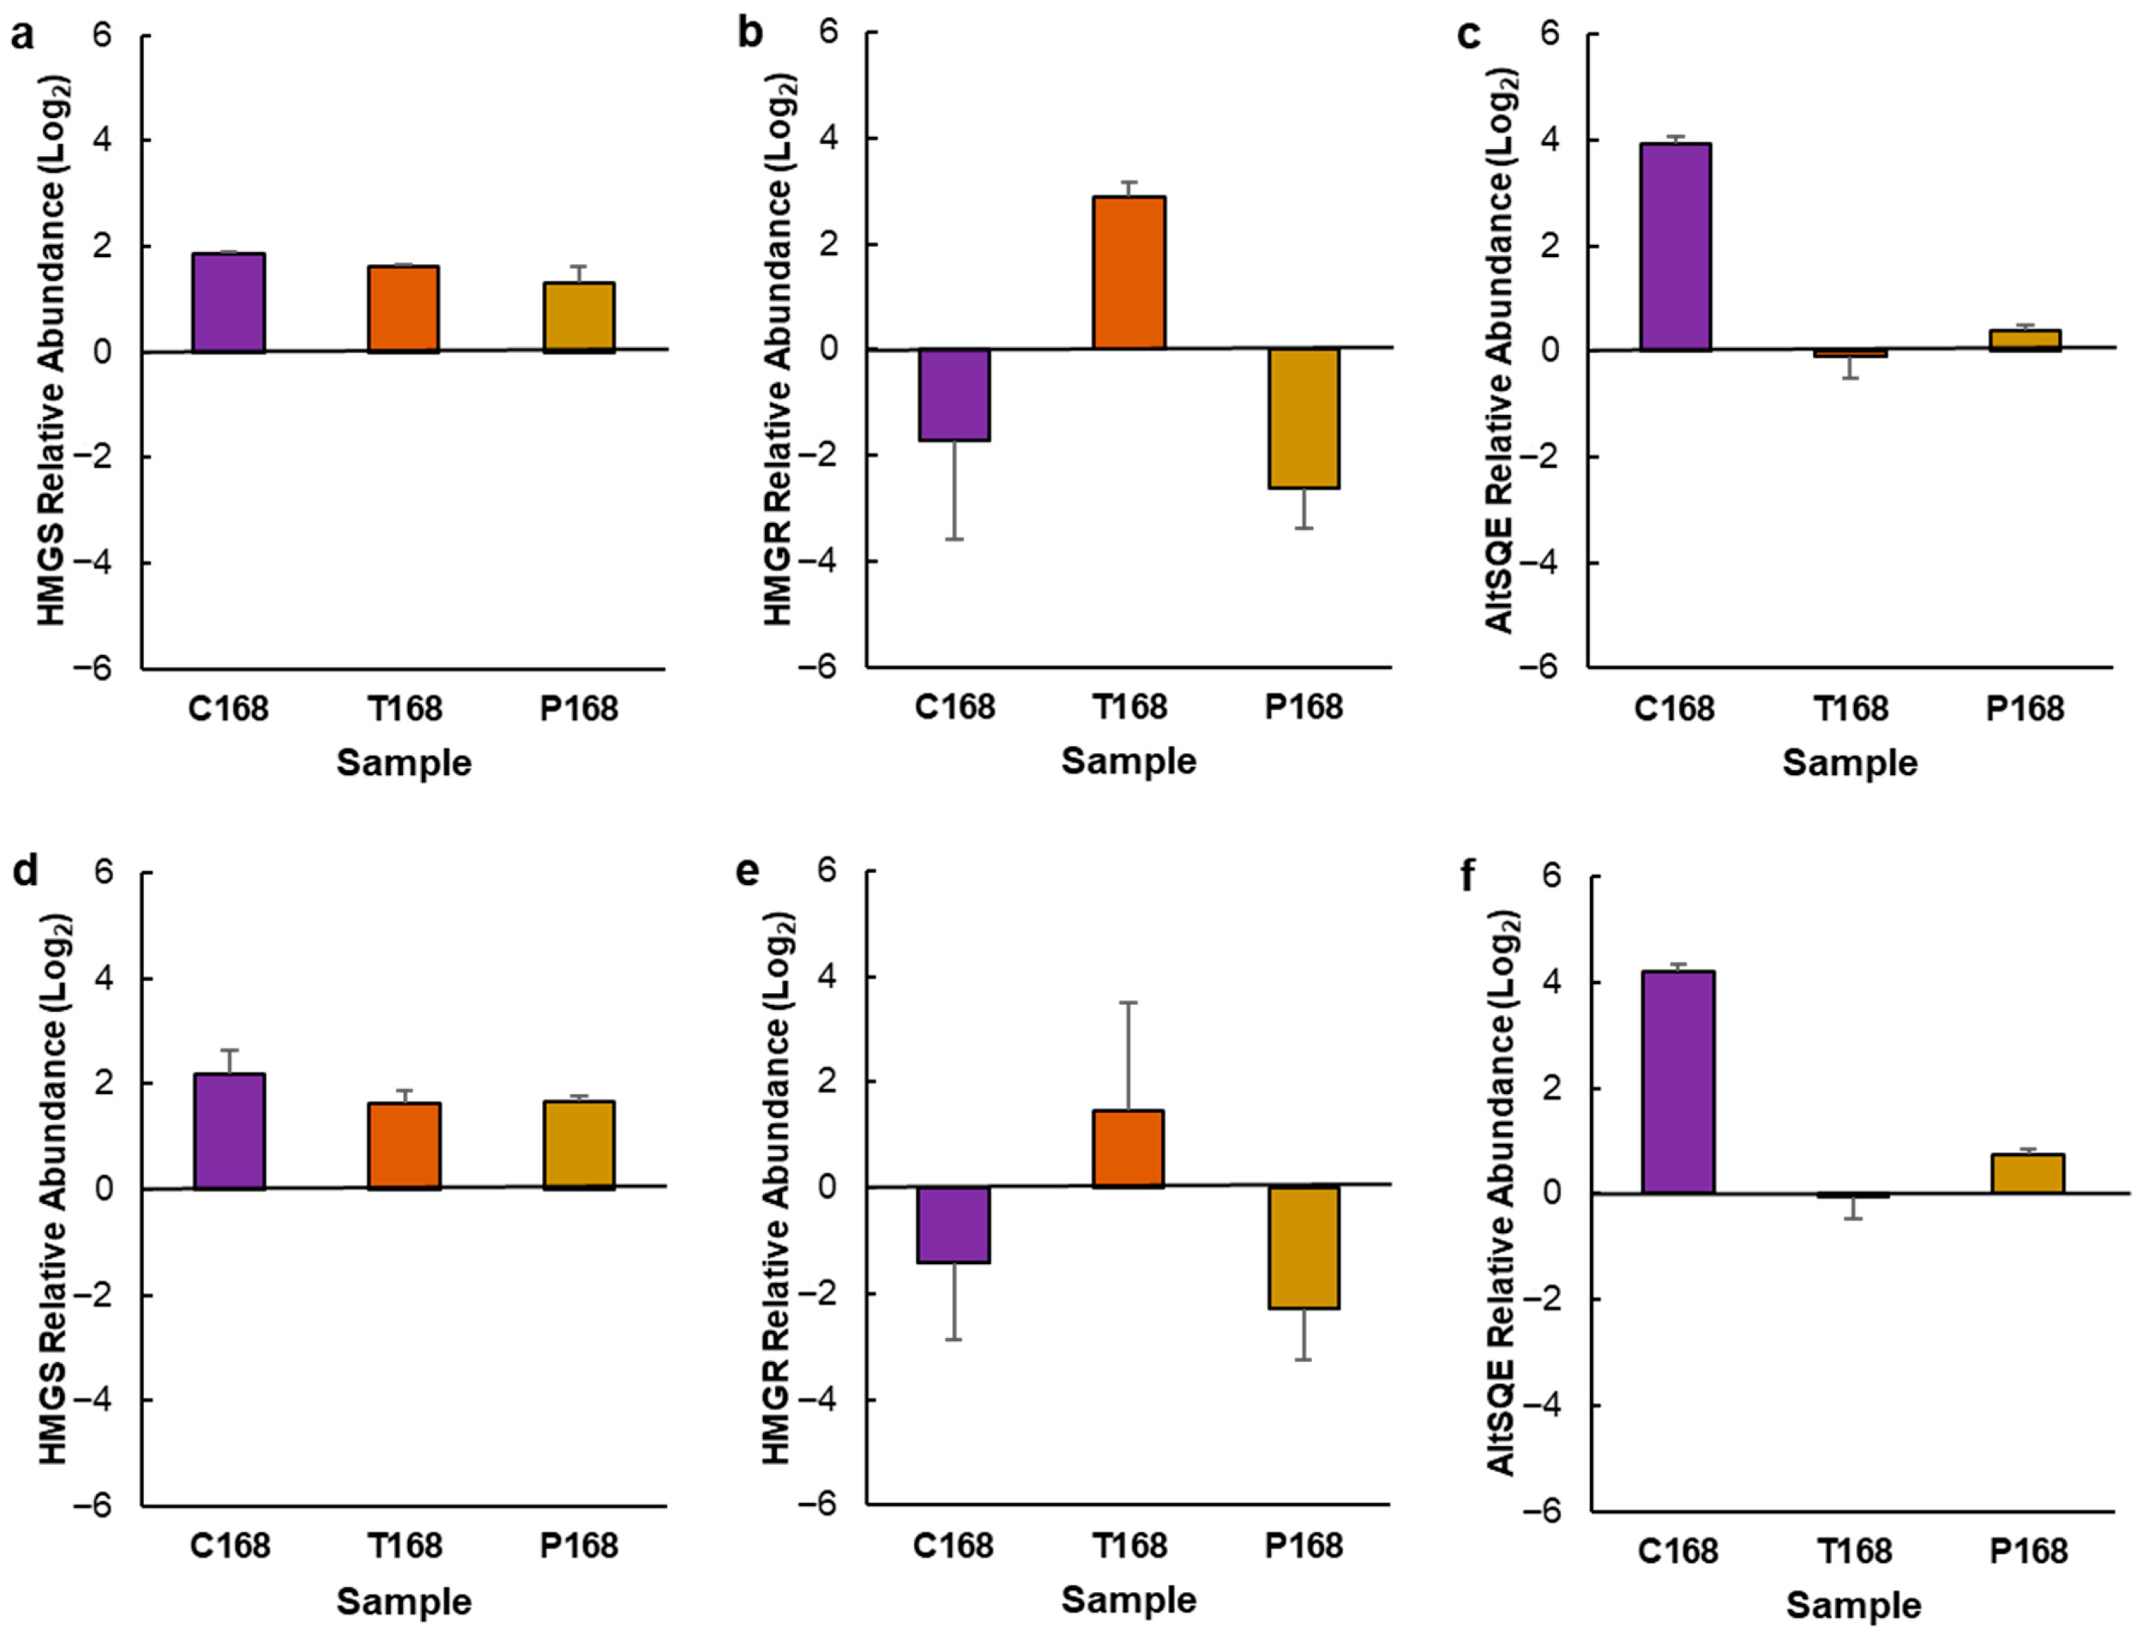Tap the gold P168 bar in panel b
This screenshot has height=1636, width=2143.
(1304, 419)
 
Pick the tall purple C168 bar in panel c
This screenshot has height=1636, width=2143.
(1675, 247)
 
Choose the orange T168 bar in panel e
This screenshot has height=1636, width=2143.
(1128, 1149)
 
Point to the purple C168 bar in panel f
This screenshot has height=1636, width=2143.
(1678, 1082)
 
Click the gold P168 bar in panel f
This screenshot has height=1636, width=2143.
(2028, 1173)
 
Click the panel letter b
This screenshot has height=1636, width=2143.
(750, 34)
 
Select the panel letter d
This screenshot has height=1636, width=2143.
(24, 872)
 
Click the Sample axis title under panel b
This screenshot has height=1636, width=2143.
(1128, 761)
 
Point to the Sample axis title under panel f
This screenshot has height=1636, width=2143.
(1853, 1605)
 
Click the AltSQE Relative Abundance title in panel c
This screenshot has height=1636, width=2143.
(1502, 351)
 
